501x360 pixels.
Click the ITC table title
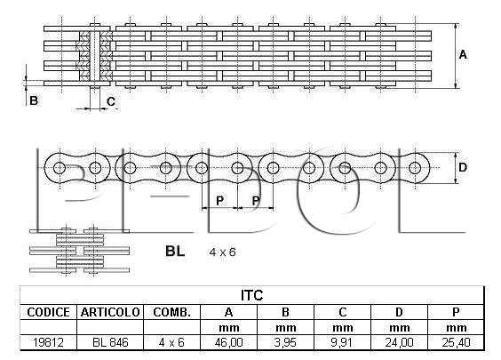click(251, 295)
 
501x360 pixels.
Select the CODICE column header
click(48, 312)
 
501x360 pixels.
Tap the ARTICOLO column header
click(110, 312)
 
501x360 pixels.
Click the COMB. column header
click(172, 312)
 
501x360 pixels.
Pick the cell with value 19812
click(48, 342)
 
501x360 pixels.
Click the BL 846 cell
click(110, 342)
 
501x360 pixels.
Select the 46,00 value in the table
click(229, 342)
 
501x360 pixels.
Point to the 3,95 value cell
click(285, 342)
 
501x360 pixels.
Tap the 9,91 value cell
click(342, 342)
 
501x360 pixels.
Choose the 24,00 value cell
click(399, 342)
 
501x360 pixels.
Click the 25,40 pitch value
click(456, 342)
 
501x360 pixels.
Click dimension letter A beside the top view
click(463, 55)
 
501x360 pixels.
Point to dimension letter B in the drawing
click(34, 100)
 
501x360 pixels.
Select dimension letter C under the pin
click(111, 101)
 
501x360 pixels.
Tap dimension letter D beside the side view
click(463, 167)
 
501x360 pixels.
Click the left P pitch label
click(219, 201)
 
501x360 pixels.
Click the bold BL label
click(175, 251)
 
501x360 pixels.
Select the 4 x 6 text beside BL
click(222, 252)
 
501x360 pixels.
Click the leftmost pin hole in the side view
click(60, 168)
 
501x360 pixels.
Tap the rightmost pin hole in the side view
click(415, 168)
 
